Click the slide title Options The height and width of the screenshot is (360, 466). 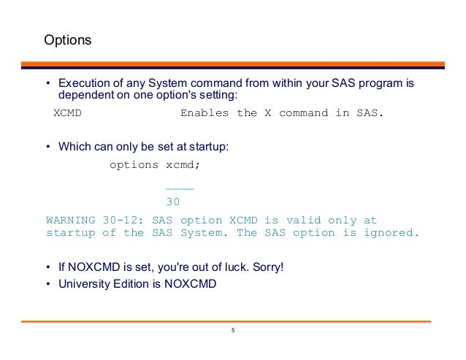68,39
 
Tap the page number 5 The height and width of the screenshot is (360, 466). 233,331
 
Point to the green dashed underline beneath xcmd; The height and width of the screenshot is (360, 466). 180,189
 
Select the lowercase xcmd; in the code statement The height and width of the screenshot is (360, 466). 183,165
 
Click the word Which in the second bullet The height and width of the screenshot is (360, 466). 74,146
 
